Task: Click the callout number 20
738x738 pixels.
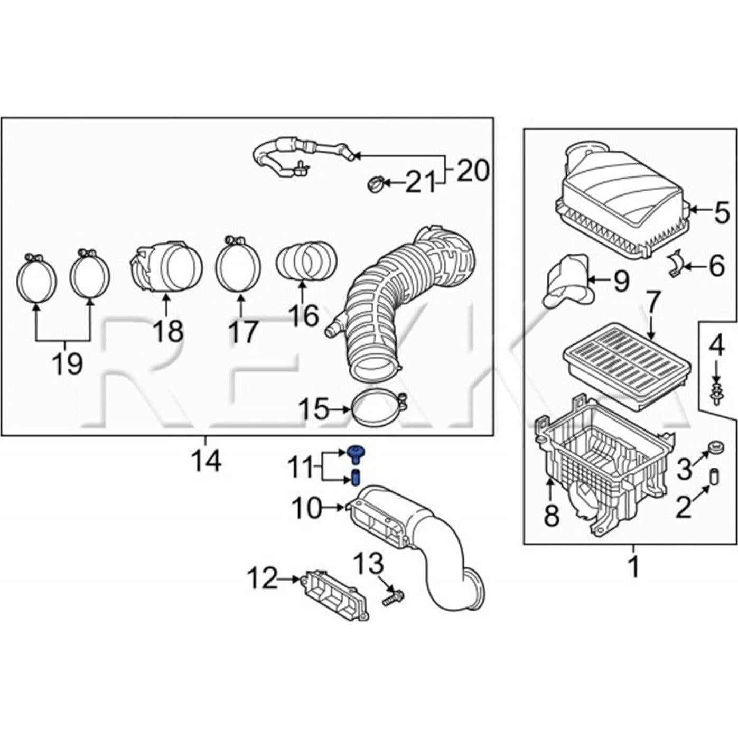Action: [473, 170]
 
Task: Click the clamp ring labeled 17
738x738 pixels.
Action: [238, 264]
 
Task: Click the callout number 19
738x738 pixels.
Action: [67, 363]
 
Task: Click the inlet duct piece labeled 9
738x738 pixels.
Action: [568, 280]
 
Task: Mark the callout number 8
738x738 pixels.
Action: [551, 516]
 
